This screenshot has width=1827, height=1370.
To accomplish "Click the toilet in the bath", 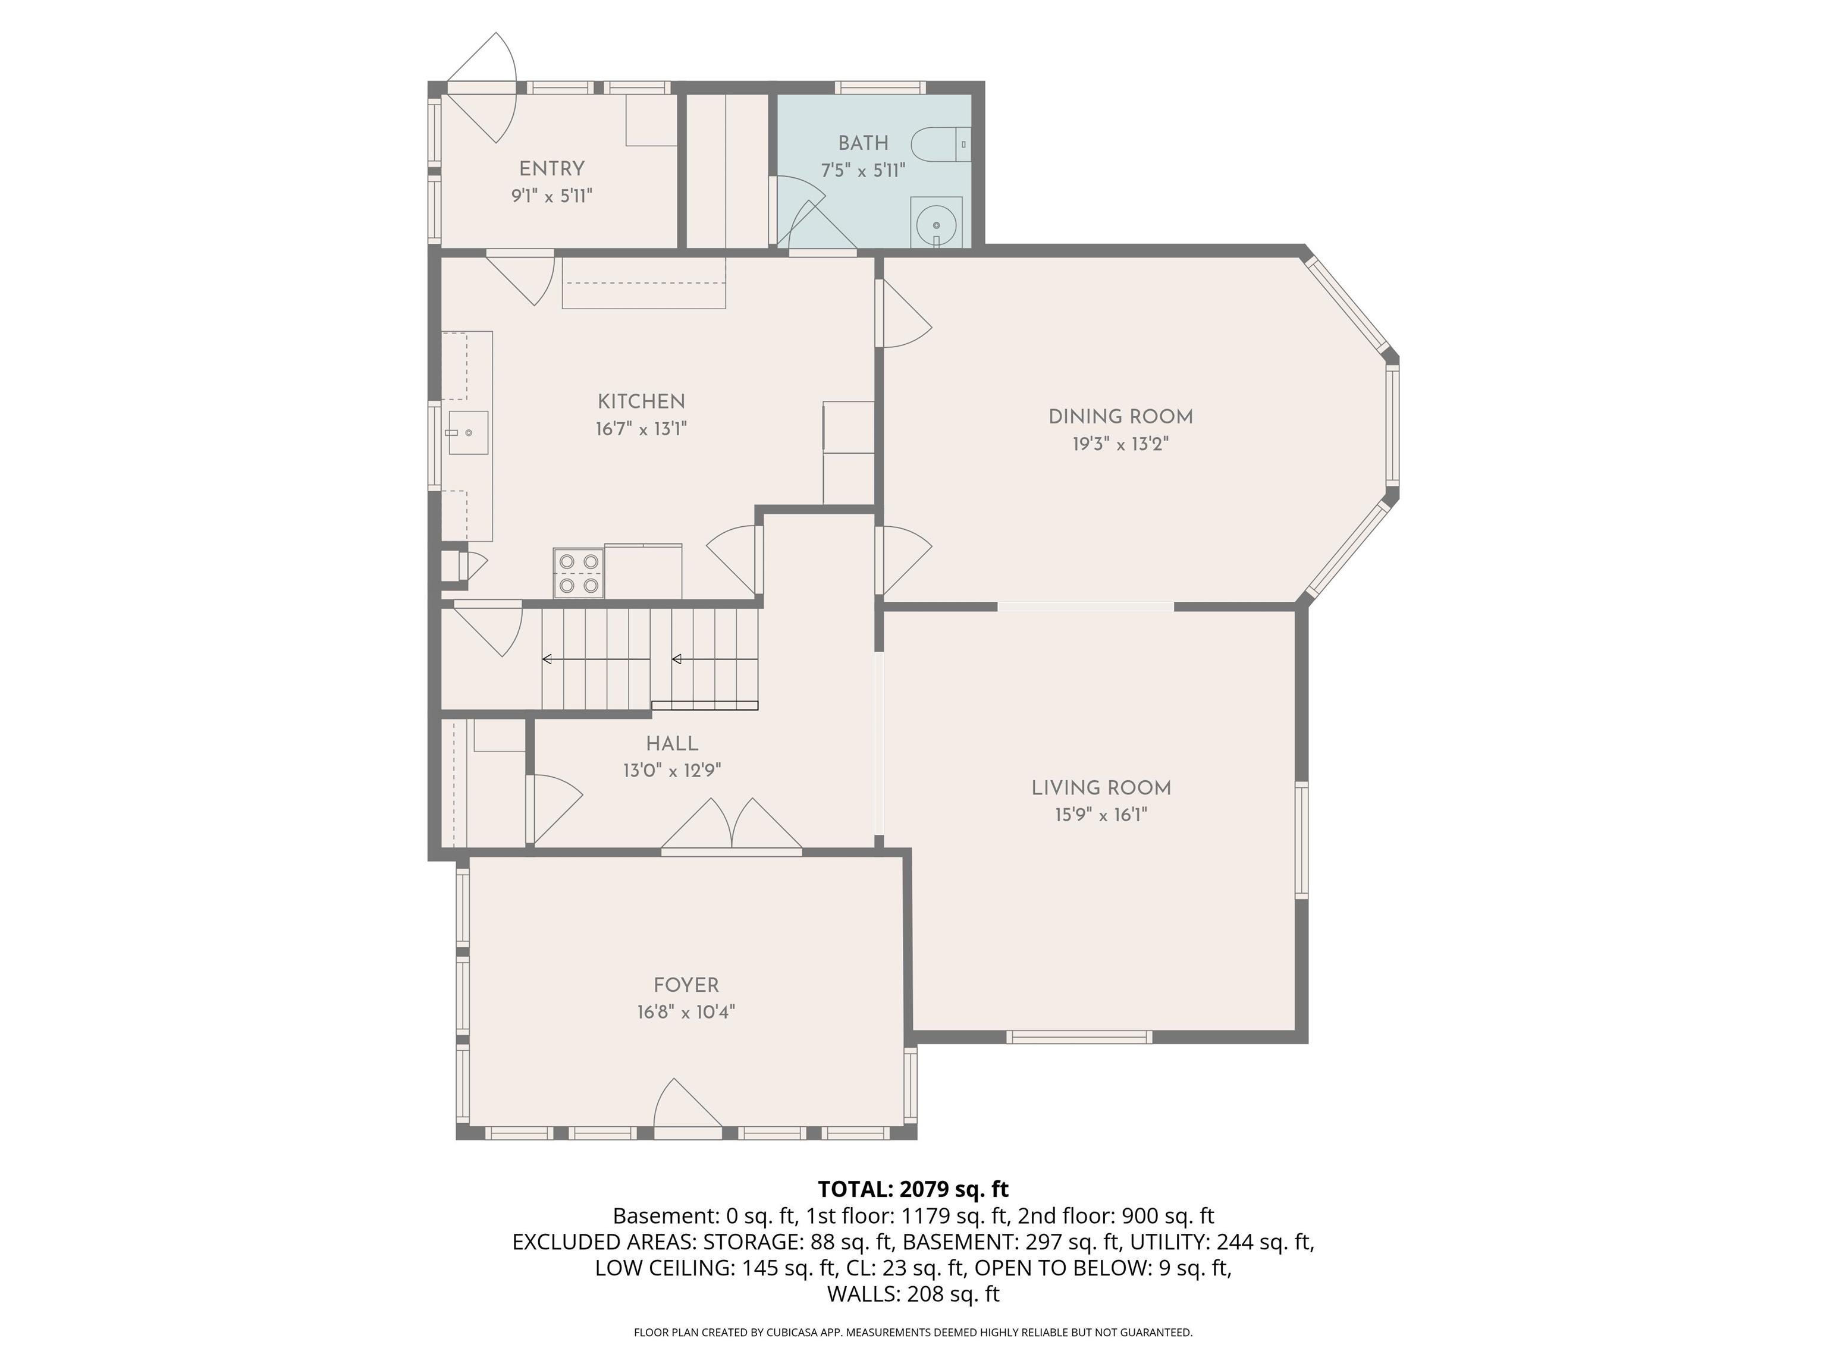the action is pos(941,144).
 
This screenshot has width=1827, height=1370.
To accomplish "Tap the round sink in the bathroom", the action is pos(937,224).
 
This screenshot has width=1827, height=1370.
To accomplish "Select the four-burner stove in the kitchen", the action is pos(578,573).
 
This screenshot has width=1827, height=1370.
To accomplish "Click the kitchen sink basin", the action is pos(467,433).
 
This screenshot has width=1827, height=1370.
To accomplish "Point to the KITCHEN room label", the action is pos(642,401).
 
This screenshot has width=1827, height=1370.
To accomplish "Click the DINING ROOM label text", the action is pos(1121,417).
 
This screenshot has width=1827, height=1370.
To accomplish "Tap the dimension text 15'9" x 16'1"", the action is pos(1101,815).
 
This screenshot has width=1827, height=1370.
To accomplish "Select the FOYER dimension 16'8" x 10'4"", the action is pos(686,1011).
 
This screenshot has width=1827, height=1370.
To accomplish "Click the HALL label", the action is pos(672,743).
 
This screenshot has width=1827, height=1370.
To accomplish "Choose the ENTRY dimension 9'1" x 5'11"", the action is pos(552,196).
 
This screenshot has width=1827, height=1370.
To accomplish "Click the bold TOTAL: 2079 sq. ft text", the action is pos(913,1189).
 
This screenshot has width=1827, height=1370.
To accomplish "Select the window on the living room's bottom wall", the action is pos(1079,1037).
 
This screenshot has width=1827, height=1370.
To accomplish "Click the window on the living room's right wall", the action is pos(1302,840).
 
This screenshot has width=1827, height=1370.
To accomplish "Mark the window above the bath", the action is pos(880,87).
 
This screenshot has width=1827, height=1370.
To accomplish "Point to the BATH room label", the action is pos(863,143).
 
